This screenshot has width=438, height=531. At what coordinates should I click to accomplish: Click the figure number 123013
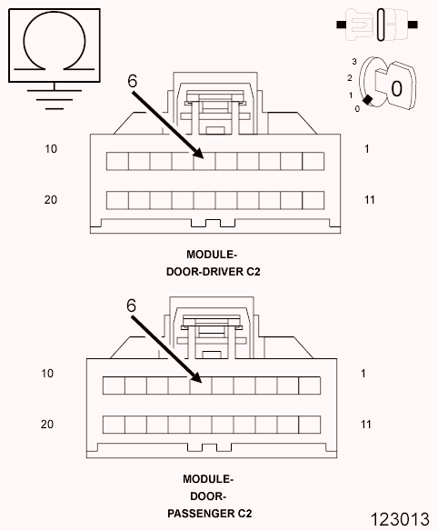(400, 519)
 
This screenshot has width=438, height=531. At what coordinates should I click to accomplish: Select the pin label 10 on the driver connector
(51, 149)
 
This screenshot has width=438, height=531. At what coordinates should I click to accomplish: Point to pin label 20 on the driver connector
(51, 200)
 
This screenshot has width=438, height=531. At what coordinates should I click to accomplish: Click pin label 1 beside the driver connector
(367, 149)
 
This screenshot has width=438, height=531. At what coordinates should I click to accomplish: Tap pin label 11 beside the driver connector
(370, 200)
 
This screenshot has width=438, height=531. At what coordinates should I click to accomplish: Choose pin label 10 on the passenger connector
(47, 373)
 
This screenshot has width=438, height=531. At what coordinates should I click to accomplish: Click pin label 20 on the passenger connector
(47, 425)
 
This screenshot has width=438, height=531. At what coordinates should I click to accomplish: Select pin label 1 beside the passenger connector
(363, 373)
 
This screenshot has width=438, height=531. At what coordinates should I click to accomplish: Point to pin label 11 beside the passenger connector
(366, 425)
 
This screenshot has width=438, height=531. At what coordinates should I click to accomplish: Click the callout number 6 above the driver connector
(133, 81)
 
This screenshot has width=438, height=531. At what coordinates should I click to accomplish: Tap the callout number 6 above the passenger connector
(131, 306)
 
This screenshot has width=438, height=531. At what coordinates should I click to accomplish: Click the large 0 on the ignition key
(396, 89)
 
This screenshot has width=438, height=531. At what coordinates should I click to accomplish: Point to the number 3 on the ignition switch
(354, 62)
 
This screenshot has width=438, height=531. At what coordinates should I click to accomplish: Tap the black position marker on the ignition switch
(368, 100)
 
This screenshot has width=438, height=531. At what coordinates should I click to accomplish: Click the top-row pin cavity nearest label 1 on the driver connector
(314, 161)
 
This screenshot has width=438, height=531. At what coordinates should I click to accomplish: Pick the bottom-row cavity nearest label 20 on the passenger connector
(114, 425)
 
